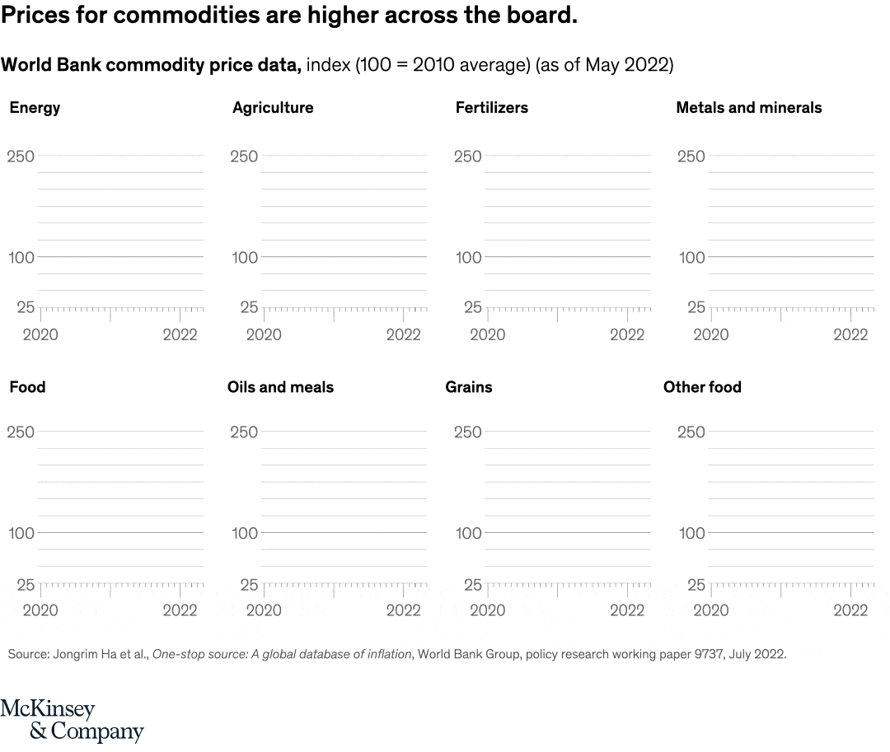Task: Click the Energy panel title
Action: coord(35,108)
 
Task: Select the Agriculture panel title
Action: coord(273,108)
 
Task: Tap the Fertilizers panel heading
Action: coord(491,108)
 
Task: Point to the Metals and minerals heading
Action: coord(748,108)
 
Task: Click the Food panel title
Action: coord(27,387)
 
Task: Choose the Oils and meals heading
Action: coord(280,387)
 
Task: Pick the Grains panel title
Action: coord(468,387)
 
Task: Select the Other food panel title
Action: coord(702,387)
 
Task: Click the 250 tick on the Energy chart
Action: coord(21,156)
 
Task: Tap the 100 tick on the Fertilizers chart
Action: coord(468,258)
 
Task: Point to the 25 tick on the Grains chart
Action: coord(472,585)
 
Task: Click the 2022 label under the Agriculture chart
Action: coord(404,335)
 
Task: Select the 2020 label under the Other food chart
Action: coord(710,611)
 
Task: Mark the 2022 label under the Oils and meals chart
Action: coord(404,611)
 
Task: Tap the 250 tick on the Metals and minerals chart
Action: coord(691,156)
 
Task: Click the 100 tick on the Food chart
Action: coord(21,534)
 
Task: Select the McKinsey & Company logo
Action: coord(72,721)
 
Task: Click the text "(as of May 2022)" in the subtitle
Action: coord(604,65)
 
